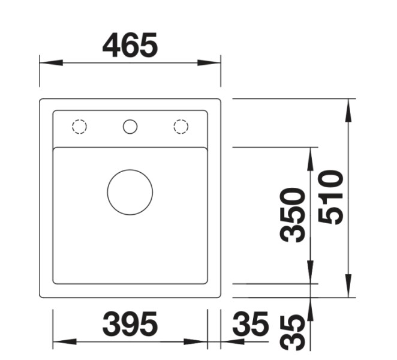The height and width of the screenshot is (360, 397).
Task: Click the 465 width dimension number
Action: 130,45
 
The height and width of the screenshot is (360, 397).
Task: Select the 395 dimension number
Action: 130,325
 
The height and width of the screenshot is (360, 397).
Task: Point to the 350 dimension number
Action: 293,214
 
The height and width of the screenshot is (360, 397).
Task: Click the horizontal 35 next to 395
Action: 250,325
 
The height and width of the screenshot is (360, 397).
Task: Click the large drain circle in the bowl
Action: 130,192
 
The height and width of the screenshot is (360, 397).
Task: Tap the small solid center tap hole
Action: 130,127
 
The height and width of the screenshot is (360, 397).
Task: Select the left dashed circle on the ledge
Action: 79,127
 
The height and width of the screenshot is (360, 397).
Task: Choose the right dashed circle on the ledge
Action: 181,127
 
